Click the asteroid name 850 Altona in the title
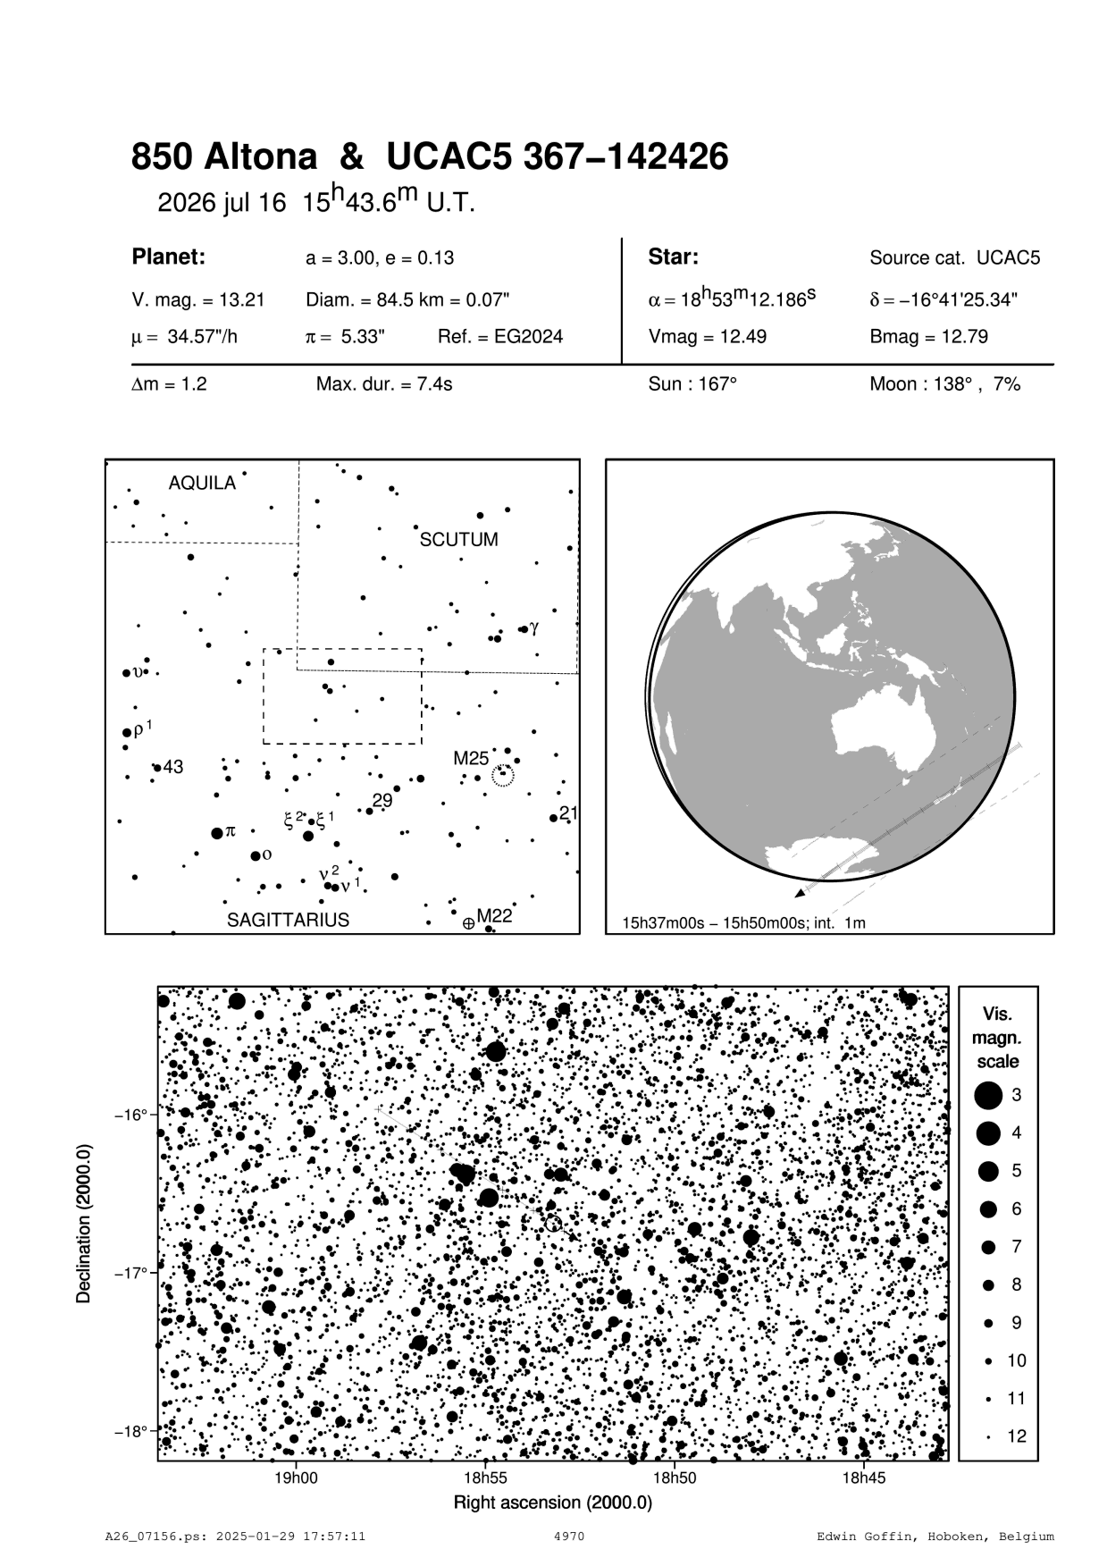click(x=223, y=158)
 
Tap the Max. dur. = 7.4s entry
click(x=384, y=384)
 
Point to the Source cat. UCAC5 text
click(x=955, y=258)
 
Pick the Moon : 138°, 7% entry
click(x=944, y=384)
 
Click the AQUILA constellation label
click(x=202, y=484)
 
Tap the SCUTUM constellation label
click(x=458, y=540)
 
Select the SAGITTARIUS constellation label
click(x=288, y=920)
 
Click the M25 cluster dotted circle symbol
click(x=503, y=776)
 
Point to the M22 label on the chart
click(x=493, y=915)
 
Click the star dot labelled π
click(x=216, y=833)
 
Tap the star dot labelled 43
click(x=156, y=767)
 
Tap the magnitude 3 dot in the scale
click(x=988, y=1095)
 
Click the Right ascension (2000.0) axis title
click(x=553, y=1503)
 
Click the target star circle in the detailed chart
click(x=553, y=1223)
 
